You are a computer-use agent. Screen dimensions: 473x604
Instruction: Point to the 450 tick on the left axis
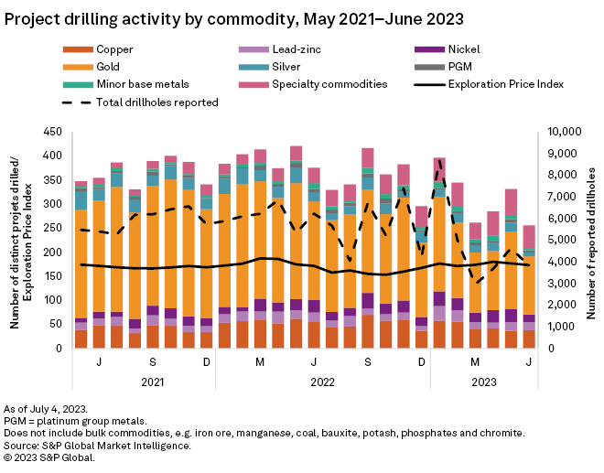pos(55,131)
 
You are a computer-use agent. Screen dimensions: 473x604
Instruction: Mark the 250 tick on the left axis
pos(55,228)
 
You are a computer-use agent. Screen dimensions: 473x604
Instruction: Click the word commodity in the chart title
pos(259,18)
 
